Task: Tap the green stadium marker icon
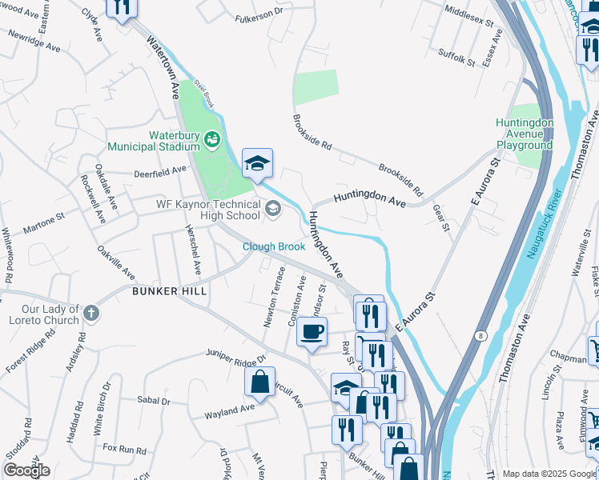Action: tap(212, 141)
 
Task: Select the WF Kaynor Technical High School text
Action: tap(207, 210)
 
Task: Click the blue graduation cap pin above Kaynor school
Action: tap(257, 164)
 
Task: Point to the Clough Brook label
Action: tap(274, 246)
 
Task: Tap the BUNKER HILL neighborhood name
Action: tap(169, 291)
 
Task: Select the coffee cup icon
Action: tap(312, 331)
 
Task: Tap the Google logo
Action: tap(26, 470)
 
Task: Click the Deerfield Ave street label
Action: tap(159, 170)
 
